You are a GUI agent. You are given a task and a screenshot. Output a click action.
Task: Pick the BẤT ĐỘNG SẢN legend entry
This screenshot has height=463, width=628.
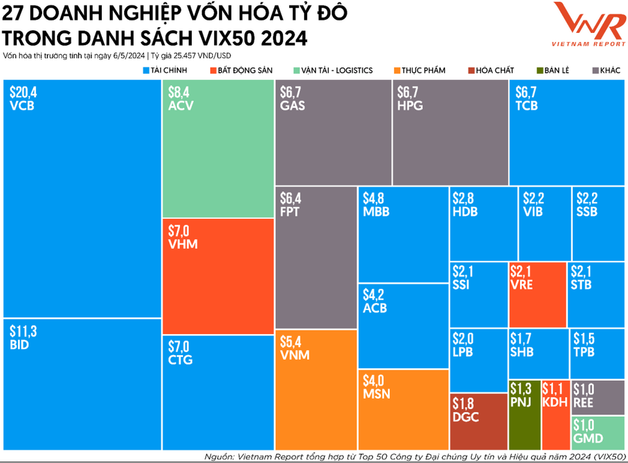[x=241, y=70]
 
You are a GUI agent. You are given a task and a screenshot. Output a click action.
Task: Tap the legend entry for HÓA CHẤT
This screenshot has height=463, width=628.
[x=491, y=70]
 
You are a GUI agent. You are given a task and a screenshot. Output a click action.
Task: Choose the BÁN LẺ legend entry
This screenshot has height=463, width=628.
[x=552, y=70]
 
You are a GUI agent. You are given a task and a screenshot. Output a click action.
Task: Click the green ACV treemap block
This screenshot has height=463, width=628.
[x=218, y=149]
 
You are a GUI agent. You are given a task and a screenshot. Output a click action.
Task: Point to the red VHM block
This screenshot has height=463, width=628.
[x=218, y=276]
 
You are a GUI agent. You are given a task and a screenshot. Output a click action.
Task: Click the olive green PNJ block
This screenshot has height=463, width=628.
[x=524, y=415]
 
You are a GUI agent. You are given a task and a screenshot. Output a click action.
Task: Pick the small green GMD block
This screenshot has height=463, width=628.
[x=598, y=433]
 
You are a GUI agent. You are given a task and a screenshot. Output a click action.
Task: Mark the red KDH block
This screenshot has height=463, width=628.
[x=556, y=415]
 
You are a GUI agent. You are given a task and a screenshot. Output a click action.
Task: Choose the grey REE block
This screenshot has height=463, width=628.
[x=598, y=398]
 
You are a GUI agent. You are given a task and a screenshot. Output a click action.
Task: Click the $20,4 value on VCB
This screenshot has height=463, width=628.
[x=23, y=92]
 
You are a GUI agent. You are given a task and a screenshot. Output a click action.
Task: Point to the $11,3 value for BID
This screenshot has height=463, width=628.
[x=23, y=331]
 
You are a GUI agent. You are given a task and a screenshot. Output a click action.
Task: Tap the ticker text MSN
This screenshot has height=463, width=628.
[x=376, y=394]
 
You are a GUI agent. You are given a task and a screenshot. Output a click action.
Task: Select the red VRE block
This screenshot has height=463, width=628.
[x=537, y=294]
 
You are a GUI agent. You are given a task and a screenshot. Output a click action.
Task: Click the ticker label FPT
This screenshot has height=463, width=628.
[x=290, y=212]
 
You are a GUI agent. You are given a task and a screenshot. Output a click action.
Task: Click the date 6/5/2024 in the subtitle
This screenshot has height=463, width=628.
[x=129, y=56]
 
